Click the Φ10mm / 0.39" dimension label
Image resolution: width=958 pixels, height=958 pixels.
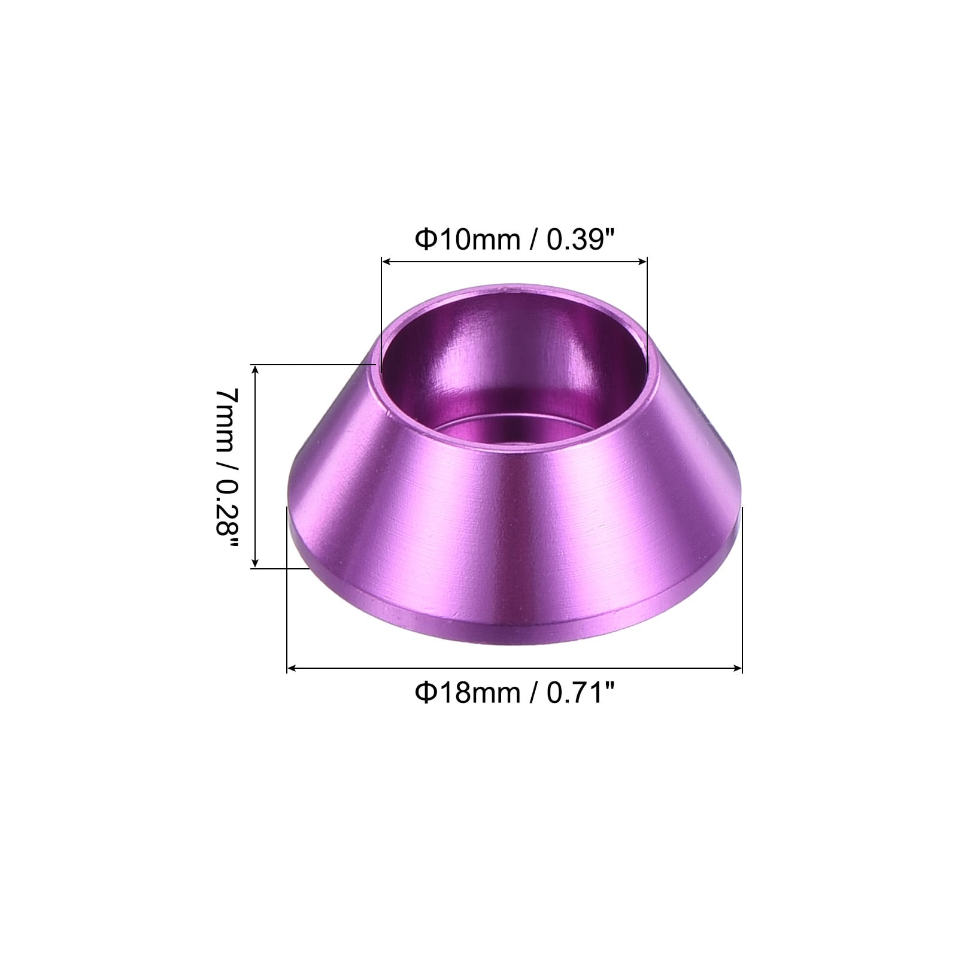point(515,240)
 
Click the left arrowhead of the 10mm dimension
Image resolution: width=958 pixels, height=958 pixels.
point(387,261)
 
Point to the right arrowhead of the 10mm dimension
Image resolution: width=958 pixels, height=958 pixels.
point(642,261)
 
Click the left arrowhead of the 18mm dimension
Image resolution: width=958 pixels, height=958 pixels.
point(293,668)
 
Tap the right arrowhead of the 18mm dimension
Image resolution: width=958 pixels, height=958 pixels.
point(736,668)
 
